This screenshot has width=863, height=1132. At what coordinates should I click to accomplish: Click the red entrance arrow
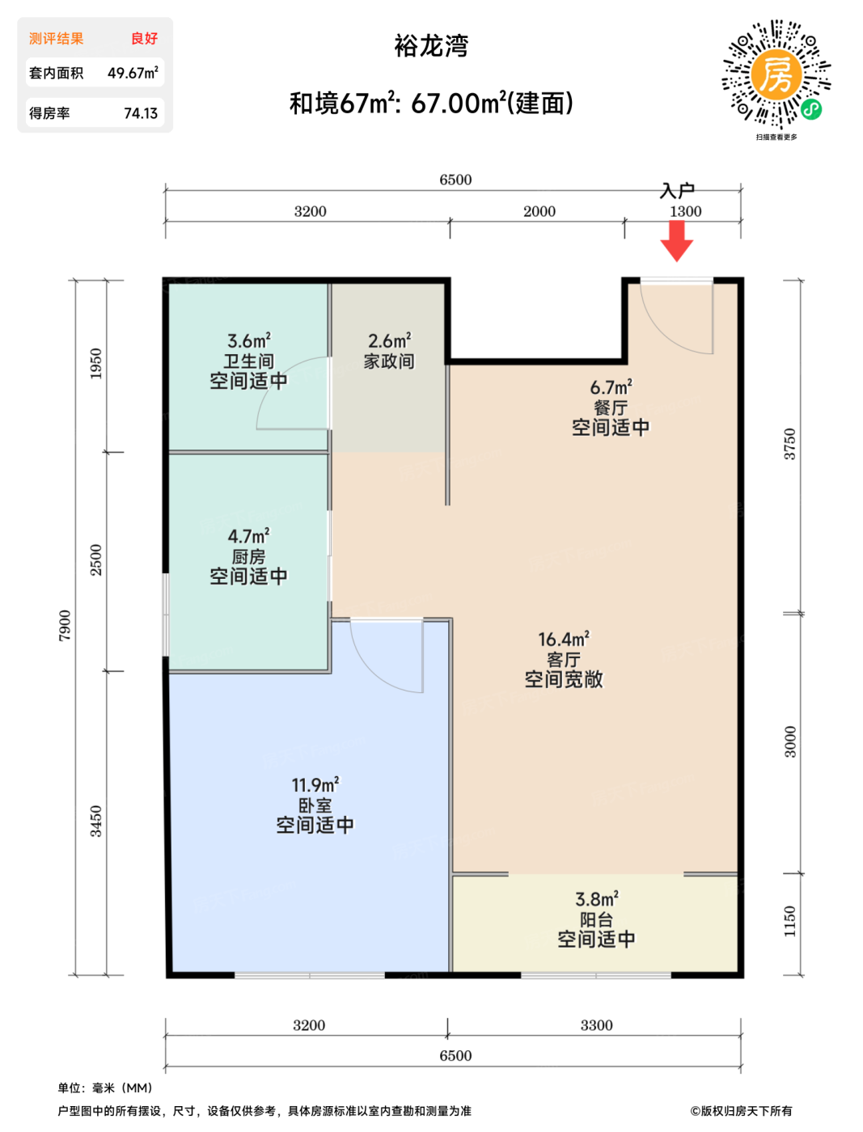tap(676, 241)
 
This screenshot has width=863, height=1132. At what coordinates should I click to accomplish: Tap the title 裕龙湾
tap(431, 46)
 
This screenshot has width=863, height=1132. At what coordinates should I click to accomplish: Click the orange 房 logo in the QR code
tap(776, 74)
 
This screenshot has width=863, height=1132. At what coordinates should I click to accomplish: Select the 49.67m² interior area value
tap(133, 73)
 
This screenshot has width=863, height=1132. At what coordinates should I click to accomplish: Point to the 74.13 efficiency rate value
tap(141, 113)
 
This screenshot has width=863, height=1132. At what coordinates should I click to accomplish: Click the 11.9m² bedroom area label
tap(315, 784)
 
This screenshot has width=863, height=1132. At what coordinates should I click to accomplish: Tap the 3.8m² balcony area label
tap(597, 899)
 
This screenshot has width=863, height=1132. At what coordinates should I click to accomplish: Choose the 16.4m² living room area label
tap(563, 639)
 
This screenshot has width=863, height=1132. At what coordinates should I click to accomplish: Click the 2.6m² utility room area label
tap(390, 340)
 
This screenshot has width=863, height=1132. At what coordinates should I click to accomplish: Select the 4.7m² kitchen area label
tap(248, 536)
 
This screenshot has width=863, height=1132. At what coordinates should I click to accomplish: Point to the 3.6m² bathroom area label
tap(248, 340)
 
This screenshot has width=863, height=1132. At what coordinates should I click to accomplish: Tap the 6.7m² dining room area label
tap(611, 386)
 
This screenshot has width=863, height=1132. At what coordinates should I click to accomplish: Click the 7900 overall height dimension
tap(65, 625)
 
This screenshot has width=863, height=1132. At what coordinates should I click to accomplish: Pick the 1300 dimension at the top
tap(685, 212)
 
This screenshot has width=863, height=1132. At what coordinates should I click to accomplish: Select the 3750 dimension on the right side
tap(789, 444)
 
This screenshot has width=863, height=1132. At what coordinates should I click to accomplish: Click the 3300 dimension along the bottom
tap(596, 1024)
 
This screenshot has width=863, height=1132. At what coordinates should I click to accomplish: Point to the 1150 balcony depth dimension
tap(789, 921)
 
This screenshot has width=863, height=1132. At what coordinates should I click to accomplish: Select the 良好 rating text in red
tap(145, 39)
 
